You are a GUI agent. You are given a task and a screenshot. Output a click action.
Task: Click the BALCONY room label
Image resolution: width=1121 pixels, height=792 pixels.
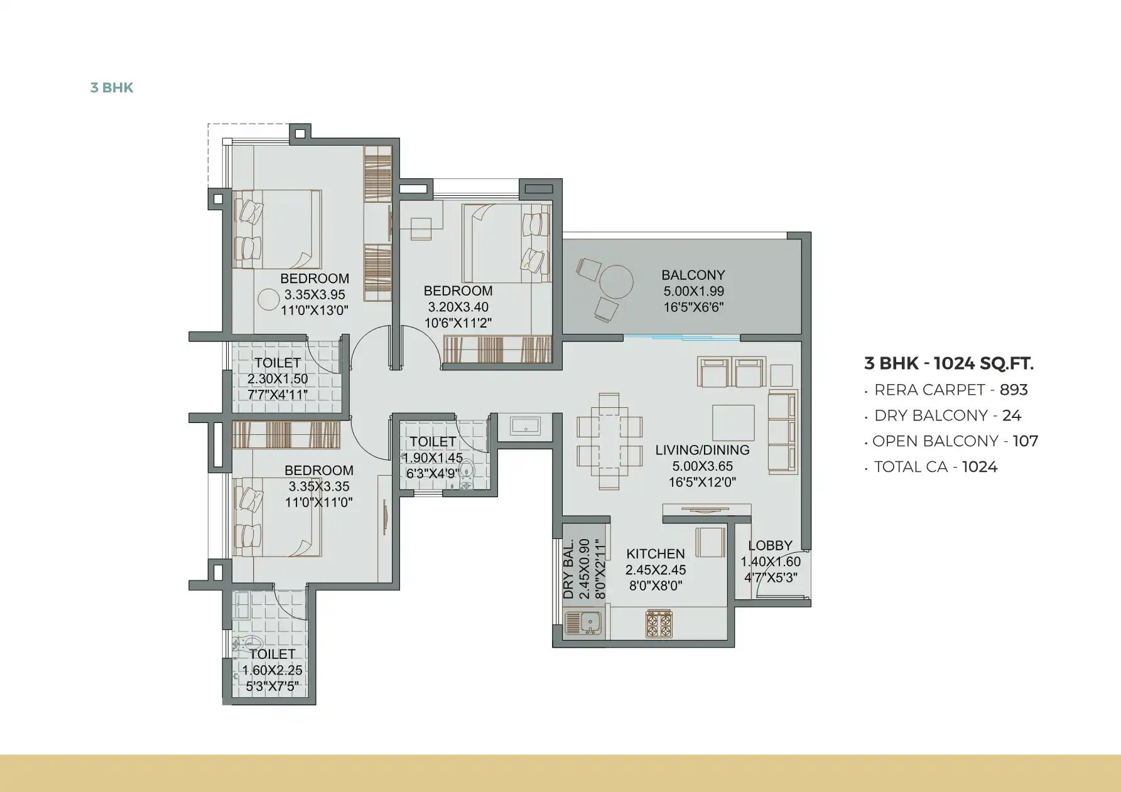[x=693, y=275]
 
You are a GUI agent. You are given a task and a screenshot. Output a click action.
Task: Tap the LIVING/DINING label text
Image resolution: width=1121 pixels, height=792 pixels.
[x=702, y=450]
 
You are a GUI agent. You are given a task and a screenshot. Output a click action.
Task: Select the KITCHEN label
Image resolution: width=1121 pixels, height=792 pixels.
[x=656, y=554]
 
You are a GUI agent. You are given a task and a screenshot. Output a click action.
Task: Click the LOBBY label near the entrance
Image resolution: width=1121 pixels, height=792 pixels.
[x=770, y=545]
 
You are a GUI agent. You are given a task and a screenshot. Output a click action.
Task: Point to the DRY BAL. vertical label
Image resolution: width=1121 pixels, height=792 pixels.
[x=568, y=569]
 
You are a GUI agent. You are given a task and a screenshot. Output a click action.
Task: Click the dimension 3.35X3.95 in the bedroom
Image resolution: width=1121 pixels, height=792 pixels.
[x=315, y=294]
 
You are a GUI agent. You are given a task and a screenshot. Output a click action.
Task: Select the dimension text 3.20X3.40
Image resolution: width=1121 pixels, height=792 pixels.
[x=458, y=307]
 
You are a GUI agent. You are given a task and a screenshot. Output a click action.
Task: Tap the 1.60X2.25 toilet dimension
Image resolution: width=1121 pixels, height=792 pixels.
[x=272, y=670]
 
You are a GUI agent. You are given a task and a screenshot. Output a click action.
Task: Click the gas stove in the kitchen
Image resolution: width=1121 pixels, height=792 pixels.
[x=659, y=624]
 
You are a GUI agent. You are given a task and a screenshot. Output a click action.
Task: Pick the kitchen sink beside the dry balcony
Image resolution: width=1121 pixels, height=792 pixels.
[x=584, y=623]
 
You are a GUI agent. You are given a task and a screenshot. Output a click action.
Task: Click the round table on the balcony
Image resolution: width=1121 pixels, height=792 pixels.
[x=616, y=282]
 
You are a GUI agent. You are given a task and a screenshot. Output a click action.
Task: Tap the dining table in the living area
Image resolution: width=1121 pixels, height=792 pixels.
[x=609, y=441]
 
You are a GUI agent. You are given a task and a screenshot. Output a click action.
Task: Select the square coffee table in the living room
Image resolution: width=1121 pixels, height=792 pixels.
[x=733, y=422]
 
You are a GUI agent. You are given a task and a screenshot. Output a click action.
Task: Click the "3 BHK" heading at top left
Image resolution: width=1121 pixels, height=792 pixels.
[x=112, y=87]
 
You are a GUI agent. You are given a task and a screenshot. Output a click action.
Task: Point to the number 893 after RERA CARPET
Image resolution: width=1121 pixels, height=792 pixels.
[x=1014, y=390]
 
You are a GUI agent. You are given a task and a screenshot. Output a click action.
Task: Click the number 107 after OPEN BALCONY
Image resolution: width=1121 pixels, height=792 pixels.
[x=1026, y=441]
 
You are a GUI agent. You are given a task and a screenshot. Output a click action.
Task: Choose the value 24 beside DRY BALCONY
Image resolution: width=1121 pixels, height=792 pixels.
[x=1012, y=415]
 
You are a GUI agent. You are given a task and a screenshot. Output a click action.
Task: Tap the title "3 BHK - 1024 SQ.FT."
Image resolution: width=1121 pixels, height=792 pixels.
[x=949, y=363]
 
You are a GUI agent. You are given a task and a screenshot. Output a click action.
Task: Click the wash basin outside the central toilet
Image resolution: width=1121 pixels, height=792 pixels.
[x=526, y=426]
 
